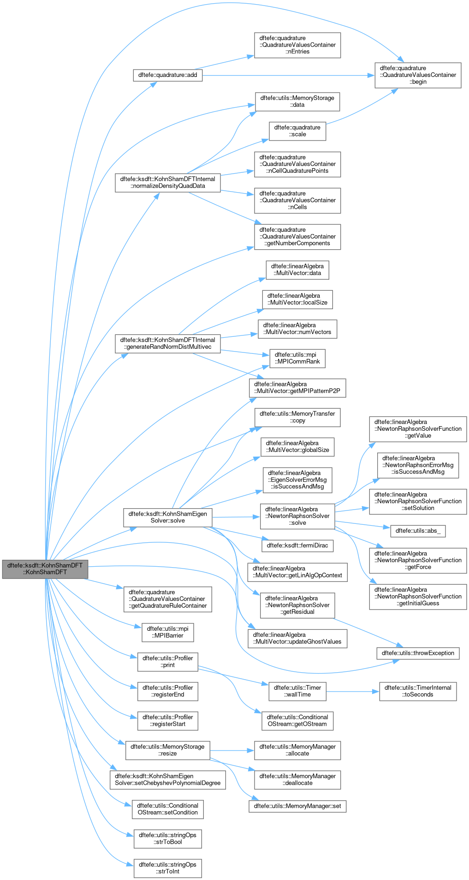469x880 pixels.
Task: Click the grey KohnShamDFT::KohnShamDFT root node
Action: (x=45, y=569)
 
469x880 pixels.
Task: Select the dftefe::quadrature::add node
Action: (x=168, y=75)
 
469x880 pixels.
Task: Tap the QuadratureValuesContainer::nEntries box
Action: (x=297, y=45)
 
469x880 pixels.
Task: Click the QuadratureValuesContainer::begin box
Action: (x=418, y=75)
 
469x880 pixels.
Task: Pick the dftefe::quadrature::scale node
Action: (x=297, y=131)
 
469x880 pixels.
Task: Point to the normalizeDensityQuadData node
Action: (x=167, y=182)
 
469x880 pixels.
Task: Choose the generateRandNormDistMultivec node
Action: (x=167, y=343)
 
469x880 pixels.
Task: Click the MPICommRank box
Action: (x=297, y=358)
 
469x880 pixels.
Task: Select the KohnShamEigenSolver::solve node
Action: (x=167, y=517)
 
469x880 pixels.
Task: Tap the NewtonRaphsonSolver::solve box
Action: (x=297, y=516)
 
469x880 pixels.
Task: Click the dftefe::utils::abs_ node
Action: (x=418, y=531)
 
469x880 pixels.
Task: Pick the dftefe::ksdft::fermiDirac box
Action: (x=297, y=546)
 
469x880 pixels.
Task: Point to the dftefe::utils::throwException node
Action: (x=418, y=653)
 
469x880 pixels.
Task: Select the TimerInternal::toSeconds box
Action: (x=418, y=691)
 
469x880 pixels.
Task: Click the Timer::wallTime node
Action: (x=297, y=691)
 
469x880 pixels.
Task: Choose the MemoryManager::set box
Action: (x=297, y=806)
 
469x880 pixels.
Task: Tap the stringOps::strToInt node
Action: (x=167, y=868)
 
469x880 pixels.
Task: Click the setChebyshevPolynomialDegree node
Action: (x=167, y=780)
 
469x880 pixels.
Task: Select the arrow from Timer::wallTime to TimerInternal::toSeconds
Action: (x=352, y=691)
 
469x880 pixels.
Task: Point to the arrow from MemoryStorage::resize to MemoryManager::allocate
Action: (x=232, y=750)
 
